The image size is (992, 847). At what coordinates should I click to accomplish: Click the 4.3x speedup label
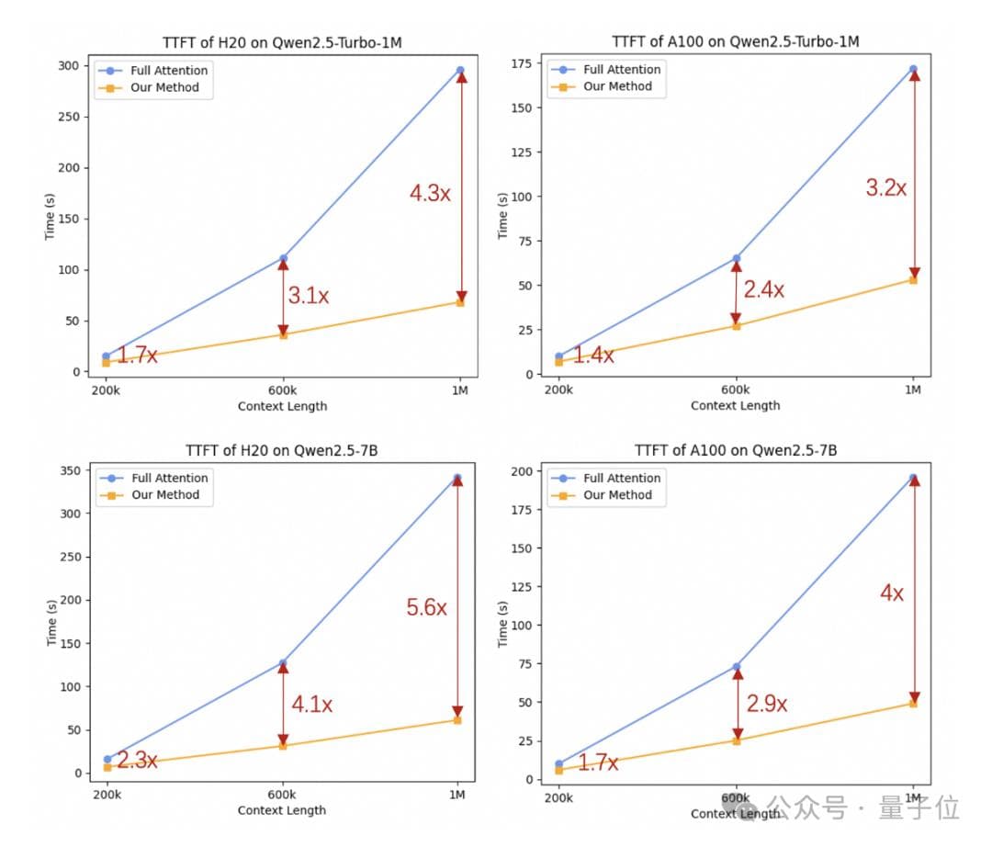(430, 193)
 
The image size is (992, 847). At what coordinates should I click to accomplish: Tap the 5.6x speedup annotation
(427, 607)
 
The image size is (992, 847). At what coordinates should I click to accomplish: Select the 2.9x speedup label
(767, 704)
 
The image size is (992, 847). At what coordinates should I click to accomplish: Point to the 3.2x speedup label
(885, 188)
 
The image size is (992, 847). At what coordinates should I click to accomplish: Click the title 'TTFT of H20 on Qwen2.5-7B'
(281, 450)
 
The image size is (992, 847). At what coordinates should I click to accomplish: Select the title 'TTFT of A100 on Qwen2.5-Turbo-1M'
(735, 42)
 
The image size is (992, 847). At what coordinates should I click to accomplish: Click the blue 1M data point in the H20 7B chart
(457, 478)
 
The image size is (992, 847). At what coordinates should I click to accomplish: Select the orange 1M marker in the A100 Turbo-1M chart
(913, 279)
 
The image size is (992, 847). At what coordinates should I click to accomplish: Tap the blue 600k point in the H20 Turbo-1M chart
(283, 258)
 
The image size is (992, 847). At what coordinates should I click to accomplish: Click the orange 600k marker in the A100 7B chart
(737, 740)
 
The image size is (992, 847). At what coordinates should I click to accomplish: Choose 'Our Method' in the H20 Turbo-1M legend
(165, 88)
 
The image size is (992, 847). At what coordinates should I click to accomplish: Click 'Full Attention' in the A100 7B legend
(622, 478)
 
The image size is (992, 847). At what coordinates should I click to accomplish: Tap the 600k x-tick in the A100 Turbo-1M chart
(736, 390)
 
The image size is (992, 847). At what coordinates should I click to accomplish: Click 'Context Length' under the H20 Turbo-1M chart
(281, 406)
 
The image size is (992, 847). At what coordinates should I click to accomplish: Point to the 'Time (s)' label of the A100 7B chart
(503, 626)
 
